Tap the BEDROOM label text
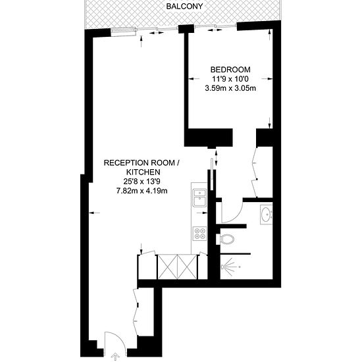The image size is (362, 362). (x=230, y=70)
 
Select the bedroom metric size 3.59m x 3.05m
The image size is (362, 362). (x=230, y=88)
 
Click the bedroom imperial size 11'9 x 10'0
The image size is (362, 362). (x=230, y=79)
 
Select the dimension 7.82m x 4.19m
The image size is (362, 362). (x=142, y=191)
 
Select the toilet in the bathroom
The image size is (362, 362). (x=227, y=238)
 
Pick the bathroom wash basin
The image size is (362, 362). (x=267, y=215)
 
